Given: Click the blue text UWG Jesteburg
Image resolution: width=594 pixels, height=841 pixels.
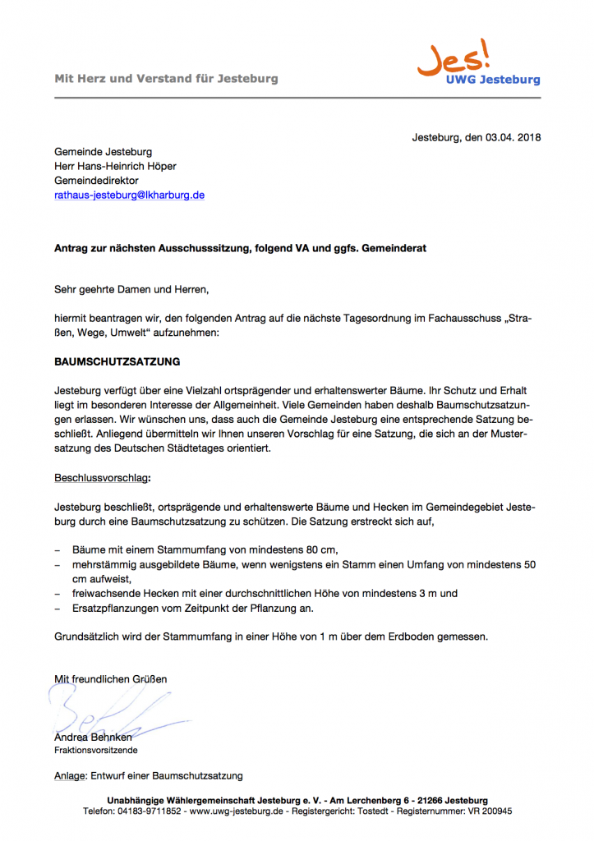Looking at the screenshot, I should click(493, 80).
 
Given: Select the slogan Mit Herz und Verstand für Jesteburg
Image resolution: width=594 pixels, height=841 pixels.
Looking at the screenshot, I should click(166, 79).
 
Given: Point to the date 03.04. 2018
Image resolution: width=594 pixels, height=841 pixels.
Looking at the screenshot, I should click(503, 137).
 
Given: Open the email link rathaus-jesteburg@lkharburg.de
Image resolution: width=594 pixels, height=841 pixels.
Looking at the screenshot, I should click(129, 195).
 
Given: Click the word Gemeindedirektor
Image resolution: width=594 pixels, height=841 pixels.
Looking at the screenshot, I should click(96, 181).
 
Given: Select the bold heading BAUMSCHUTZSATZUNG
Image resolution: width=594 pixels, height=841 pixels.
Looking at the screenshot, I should click(117, 361).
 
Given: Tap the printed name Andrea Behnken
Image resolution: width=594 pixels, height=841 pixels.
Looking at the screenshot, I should click(93, 738).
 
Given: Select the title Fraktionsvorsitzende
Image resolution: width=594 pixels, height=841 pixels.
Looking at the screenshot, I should click(95, 751).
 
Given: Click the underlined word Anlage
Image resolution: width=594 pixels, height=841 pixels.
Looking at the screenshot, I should click(70, 776).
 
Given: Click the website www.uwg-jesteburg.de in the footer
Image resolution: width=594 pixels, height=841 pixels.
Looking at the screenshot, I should click(237, 811).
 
